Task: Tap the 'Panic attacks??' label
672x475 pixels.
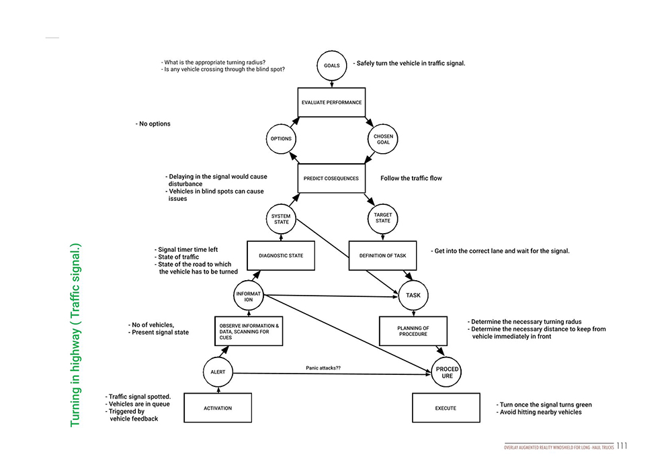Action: [323, 368]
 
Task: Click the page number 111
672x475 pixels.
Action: [622, 446]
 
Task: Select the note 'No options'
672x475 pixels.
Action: [153, 124]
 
